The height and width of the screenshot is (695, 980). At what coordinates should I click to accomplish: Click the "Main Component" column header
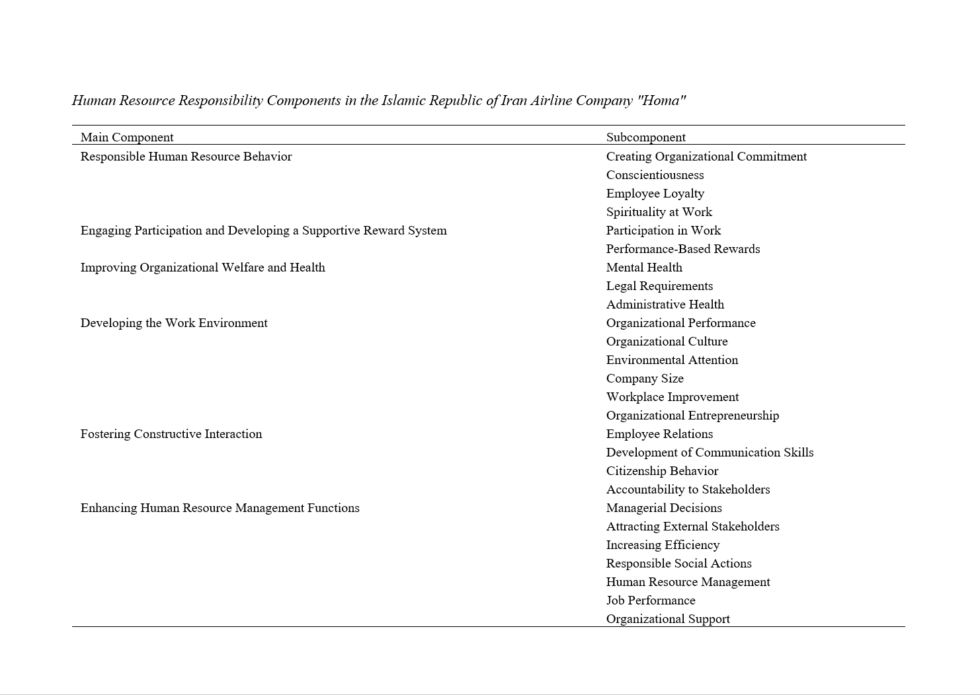[x=127, y=137]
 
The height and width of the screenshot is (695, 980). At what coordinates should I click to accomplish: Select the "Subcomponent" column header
[x=645, y=137]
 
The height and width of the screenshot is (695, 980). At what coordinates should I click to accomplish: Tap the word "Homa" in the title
[x=661, y=100]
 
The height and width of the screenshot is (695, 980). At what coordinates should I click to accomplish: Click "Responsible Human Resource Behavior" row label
[x=186, y=157]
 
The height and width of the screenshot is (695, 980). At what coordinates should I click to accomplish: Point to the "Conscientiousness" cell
[x=655, y=175]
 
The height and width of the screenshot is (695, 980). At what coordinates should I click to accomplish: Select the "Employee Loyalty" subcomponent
[x=655, y=194]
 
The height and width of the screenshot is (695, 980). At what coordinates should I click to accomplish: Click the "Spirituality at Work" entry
[x=659, y=212]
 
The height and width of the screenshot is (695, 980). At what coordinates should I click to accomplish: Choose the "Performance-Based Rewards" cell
[x=682, y=249]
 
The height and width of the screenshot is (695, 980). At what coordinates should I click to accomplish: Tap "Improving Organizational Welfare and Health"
[x=202, y=268]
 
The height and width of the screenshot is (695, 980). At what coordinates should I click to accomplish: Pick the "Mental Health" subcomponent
[x=644, y=268]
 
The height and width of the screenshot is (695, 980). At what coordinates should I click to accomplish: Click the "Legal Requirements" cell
[x=659, y=286]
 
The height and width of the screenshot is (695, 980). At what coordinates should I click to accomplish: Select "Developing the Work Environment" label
[x=174, y=323]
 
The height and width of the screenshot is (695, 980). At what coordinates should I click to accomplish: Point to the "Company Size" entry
[x=645, y=379]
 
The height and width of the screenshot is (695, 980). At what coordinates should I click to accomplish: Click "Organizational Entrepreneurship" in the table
[x=692, y=416]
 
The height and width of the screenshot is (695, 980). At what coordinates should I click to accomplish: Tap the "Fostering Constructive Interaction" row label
[x=171, y=434]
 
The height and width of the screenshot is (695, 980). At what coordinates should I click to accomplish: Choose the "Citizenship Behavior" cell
[x=662, y=471]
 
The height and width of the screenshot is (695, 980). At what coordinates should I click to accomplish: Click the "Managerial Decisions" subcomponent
[x=664, y=508]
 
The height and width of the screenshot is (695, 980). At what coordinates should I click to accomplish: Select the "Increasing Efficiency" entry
[x=663, y=545]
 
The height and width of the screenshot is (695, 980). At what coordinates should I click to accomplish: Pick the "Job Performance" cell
[x=651, y=601]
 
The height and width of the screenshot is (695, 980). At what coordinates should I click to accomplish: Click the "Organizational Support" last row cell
[x=668, y=619]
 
